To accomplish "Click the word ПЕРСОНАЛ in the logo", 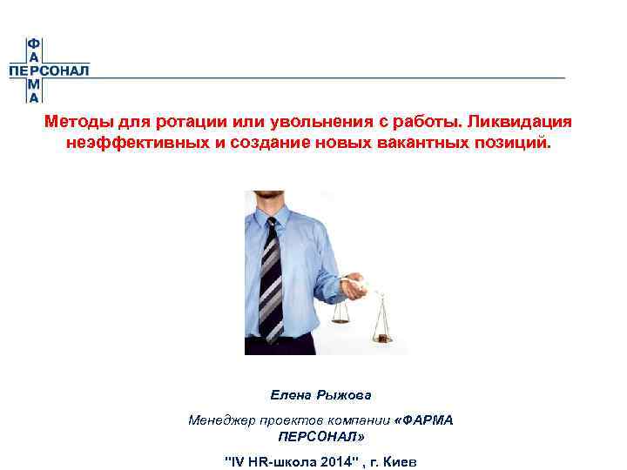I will coord(49,71).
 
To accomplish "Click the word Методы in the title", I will coord(74,123).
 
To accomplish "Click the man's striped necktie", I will coord(271,279).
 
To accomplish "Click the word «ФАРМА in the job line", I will coord(424,420).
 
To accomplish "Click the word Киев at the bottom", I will coord(400,460).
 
